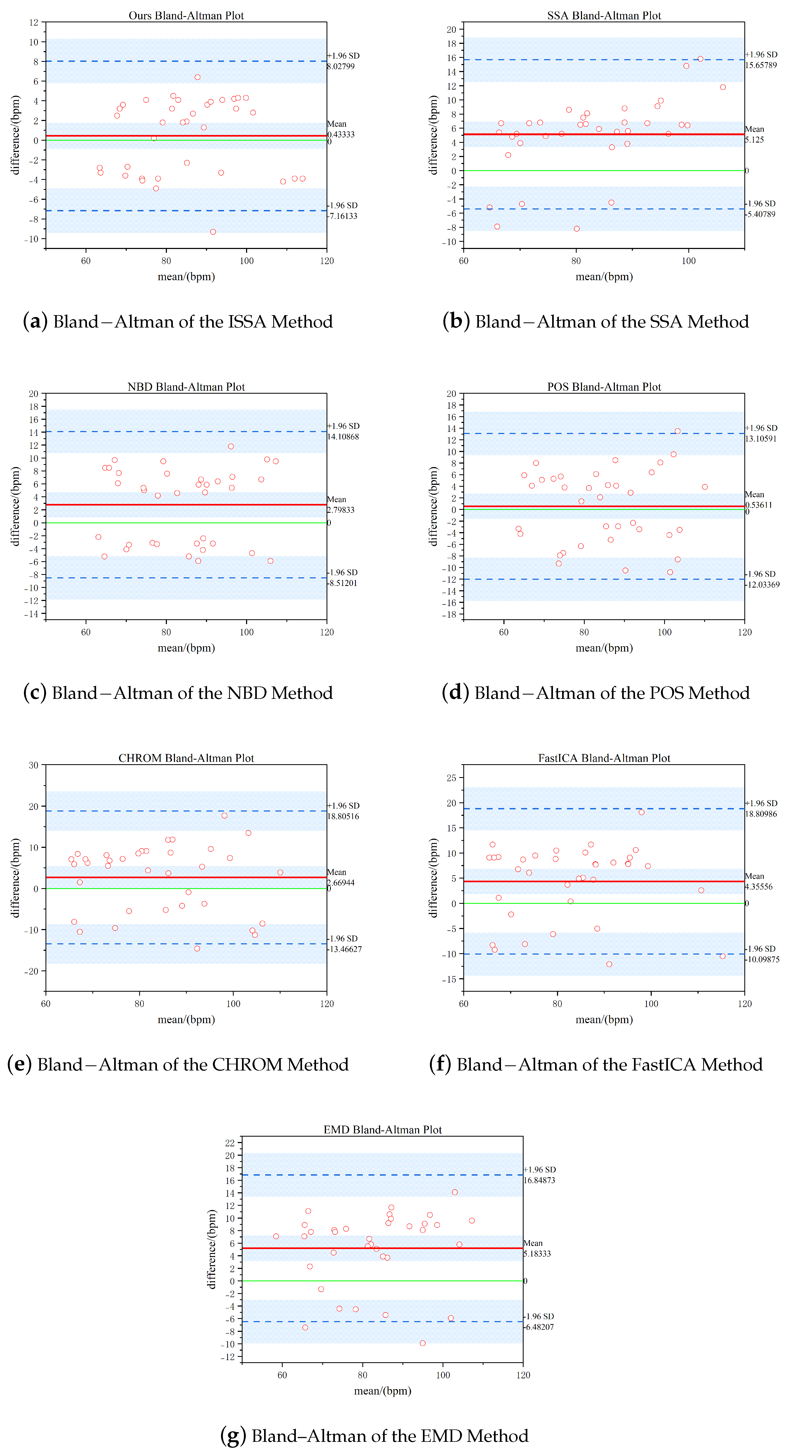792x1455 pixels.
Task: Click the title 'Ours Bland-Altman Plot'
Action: point(186,15)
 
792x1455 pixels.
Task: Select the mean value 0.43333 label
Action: point(341,134)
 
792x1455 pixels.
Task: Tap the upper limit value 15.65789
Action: point(761,65)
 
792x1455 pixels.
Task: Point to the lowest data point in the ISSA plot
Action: point(213,232)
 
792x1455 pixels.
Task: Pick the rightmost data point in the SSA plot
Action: point(723,87)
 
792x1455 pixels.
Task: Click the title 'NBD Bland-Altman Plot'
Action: point(186,387)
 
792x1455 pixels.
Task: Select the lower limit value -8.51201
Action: point(343,583)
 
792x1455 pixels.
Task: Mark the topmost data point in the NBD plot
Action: point(231,446)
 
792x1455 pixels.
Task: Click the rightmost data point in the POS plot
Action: point(705,487)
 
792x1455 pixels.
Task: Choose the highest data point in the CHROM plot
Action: point(225,816)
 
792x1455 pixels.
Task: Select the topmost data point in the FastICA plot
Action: point(641,812)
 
